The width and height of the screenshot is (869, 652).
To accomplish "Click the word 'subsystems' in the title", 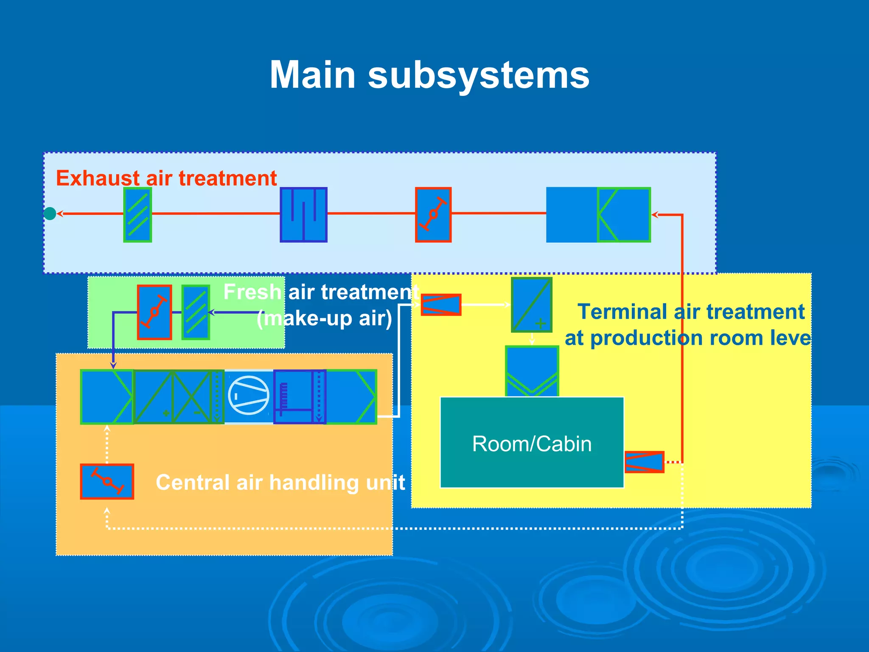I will pyautogui.click(x=479, y=76).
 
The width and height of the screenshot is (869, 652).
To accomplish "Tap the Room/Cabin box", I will pyautogui.click(x=532, y=443).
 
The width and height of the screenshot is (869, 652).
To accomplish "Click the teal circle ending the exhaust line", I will pyautogui.click(x=50, y=214).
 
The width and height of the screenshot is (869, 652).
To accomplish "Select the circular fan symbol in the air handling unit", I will pyautogui.click(x=249, y=395).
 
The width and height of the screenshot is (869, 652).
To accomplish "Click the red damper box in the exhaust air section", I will pyautogui.click(x=433, y=215).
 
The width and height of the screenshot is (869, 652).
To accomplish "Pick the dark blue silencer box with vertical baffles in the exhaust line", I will pyautogui.click(x=303, y=215).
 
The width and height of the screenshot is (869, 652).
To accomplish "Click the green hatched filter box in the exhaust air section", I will pyautogui.click(x=137, y=215).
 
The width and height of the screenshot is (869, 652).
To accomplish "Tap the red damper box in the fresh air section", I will pyautogui.click(x=154, y=312).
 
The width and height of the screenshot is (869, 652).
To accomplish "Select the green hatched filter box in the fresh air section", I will pyautogui.click(x=196, y=312).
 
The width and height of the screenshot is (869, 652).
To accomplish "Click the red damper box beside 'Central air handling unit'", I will pyautogui.click(x=107, y=481).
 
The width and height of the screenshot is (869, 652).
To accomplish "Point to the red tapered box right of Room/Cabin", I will pyautogui.click(x=644, y=462).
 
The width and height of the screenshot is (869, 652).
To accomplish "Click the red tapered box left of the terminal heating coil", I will pyautogui.click(x=441, y=305).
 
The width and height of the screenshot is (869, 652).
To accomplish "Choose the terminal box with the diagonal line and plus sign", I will pyautogui.click(x=531, y=305).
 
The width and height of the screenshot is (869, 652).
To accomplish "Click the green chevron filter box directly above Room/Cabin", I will pyautogui.click(x=532, y=371).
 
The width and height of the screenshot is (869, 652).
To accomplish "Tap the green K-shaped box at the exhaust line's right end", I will pyautogui.click(x=623, y=215).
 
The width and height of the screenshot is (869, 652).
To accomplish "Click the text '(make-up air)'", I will pyautogui.click(x=324, y=319).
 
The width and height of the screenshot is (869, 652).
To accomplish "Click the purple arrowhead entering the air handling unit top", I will pyautogui.click(x=113, y=365).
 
